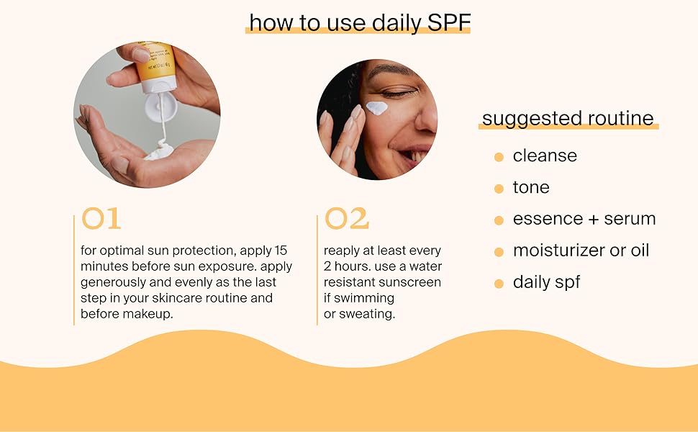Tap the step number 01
tap(101, 219)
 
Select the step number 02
tap(346, 219)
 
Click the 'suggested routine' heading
tap(568, 119)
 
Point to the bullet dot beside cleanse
tap(499, 157)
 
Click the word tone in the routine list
tap(531, 187)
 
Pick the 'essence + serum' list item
tap(584, 219)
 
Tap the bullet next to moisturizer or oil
tap(499, 252)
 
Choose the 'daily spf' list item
tap(546, 282)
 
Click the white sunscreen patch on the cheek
tap(376, 108)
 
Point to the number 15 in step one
tap(281, 251)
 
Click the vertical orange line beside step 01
tap(74, 270)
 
